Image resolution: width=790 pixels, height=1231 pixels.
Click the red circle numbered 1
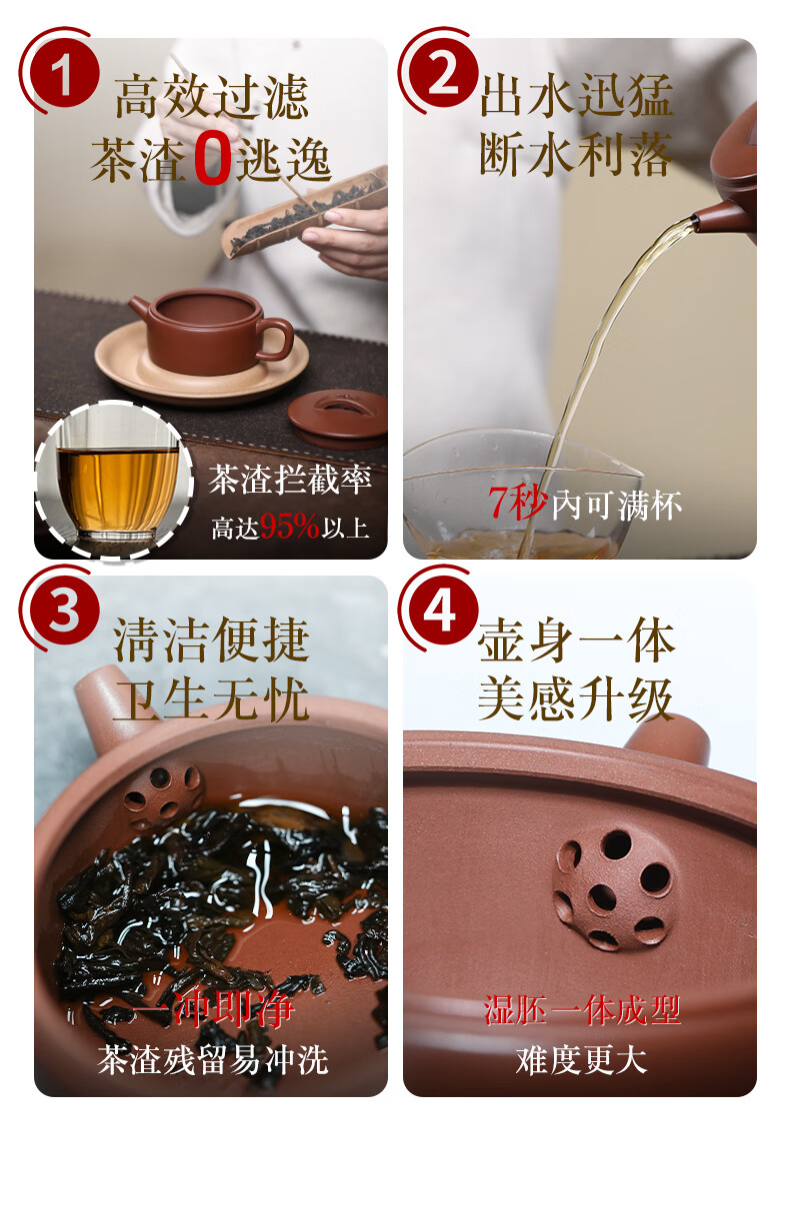tap(64, 72)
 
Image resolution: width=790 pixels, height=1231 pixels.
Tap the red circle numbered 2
tap(443, 72)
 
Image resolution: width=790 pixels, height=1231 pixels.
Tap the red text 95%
tap(289, 526)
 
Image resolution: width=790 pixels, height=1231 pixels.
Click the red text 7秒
tap(517, 503)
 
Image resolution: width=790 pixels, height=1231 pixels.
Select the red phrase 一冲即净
tap(212, 1008)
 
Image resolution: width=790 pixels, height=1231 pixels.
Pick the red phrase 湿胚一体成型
tap(582, 1009)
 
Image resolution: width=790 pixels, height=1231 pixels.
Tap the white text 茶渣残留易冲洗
tap(213, 1060)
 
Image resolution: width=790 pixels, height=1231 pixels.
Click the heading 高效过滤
tap(212, 97)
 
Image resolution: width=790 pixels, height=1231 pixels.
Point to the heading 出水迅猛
tap(576, 95)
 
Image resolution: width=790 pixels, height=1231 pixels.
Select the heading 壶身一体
tap(576, 640)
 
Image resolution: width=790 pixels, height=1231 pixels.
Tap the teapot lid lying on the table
tap(338, 414)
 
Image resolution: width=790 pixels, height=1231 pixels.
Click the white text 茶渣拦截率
tap(289, 480)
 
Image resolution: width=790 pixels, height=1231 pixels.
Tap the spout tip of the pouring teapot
tap(695, 221)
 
